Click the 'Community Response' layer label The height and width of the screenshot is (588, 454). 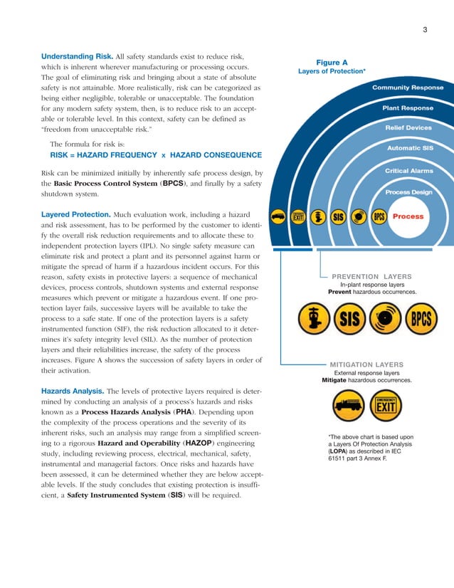pos(407,88)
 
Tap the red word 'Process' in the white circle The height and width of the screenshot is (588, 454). pos(408,216)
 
